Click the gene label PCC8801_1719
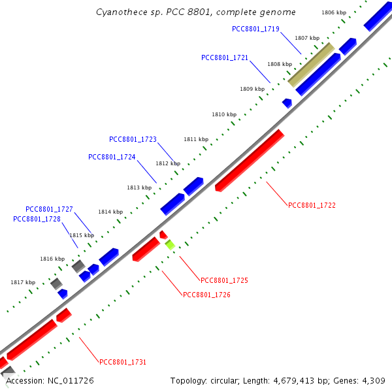255,29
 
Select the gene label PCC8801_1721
225,57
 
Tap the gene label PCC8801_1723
133,139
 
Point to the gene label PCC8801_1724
112,157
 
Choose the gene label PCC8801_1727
49,209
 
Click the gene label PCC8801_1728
37,219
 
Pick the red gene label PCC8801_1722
312,205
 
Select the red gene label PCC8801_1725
224,280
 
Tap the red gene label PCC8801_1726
206,295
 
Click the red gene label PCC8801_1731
123,361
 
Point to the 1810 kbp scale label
223,114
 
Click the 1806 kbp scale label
334,12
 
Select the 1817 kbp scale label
23,282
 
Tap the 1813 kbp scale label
139,188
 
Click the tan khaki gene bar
311,65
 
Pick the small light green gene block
170,245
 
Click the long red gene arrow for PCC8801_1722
250,161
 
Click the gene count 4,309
372,380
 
